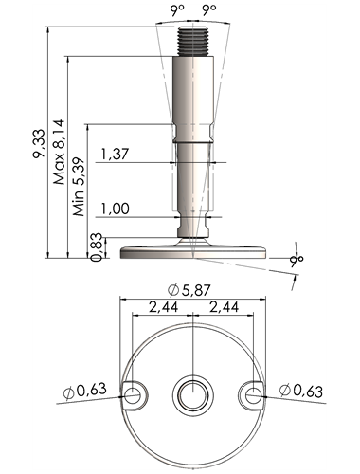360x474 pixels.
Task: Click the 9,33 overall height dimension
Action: (x=40, y=143)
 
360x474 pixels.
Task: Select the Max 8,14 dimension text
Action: (x=59, y=152)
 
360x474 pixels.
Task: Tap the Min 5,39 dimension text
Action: (x=80, y=187)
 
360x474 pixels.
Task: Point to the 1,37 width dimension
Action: (x=115, y=155)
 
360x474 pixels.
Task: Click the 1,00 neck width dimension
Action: (x=115, y=209)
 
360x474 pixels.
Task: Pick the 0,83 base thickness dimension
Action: (x=97, y=246)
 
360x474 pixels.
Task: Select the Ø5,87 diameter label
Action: (x=189, y=290)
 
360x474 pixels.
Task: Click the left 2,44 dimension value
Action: (x=163, y=307)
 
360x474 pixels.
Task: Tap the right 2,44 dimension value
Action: (x=224, y=307)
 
